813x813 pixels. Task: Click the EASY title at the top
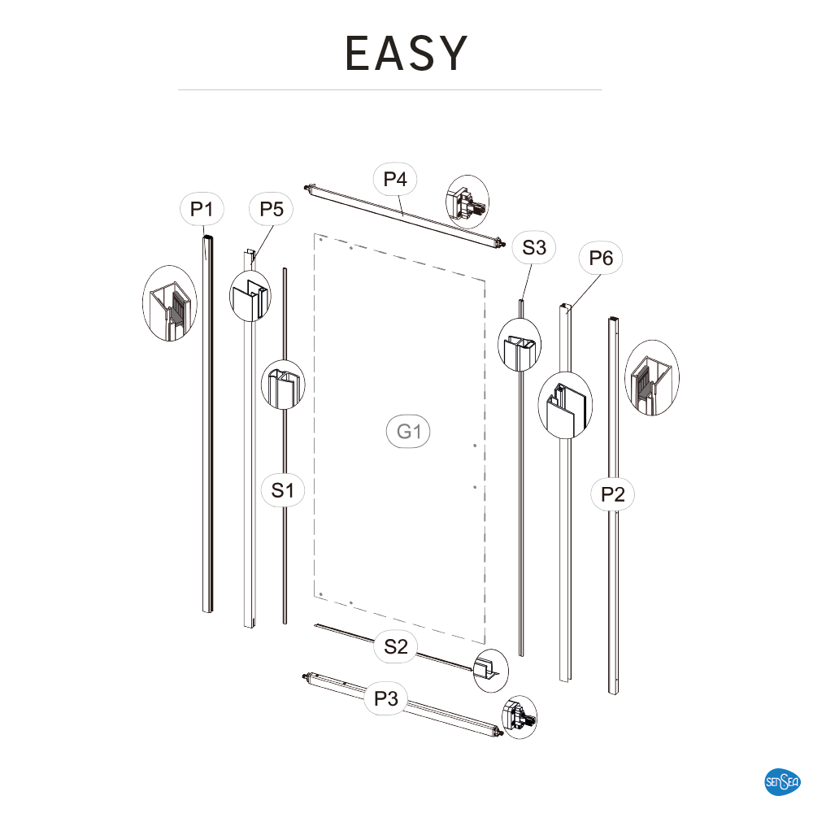point(406,53)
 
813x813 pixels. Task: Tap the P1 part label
point(202,210)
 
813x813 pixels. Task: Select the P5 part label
point(272,210)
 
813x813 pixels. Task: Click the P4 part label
point(395,179)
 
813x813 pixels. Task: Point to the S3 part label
point(534,247)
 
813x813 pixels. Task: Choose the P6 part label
point(601,258)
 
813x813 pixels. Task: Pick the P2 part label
point(612,494)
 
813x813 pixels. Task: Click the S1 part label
point(283,490)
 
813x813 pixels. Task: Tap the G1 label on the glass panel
point(409,432)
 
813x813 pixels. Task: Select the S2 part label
point(396,646)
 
